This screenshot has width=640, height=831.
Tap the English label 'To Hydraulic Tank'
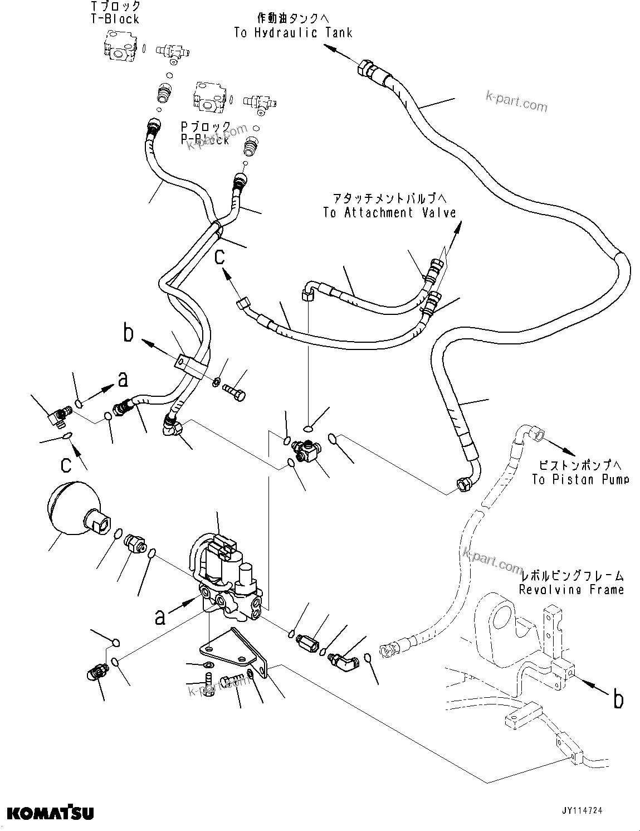293,33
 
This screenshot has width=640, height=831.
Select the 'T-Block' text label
115,19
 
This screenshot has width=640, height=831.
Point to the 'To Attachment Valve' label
389,212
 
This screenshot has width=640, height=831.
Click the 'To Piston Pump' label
580,479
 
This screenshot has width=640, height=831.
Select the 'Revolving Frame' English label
571,589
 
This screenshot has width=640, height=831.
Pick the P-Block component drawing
208,96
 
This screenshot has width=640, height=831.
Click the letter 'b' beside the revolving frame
618,698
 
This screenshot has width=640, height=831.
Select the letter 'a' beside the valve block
160,616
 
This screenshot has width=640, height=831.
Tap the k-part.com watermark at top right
516,103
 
